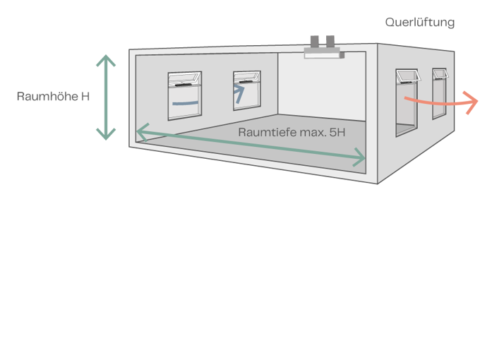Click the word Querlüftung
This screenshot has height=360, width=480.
tap(419, 23)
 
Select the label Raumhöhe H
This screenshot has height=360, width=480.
tap(54, 96)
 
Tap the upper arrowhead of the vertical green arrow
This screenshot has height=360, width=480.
tap(106, 59)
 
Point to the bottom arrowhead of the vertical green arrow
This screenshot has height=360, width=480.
tap(106, 133)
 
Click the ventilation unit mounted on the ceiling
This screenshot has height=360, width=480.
tap(322, 52)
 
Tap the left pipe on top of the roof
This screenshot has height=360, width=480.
tap(315, 40)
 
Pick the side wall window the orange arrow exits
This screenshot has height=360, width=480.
tap(405, 102)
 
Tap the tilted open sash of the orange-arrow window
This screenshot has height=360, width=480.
tap(405, 76)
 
